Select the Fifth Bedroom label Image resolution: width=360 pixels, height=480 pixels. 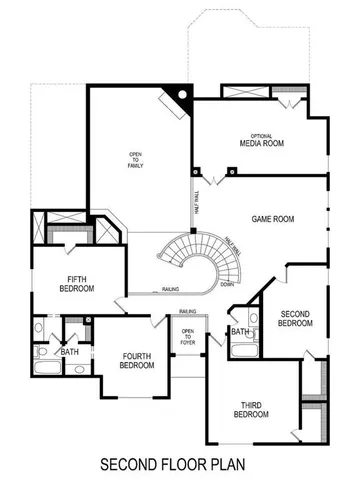pos(74,284)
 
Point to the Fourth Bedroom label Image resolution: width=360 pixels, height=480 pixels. pos(136,360)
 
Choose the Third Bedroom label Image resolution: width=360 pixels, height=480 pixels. pos(251,409)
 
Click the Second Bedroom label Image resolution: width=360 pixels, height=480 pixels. pos(295,319)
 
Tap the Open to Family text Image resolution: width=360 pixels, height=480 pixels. pos(135,159)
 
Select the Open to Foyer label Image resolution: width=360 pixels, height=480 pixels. pos(187,336)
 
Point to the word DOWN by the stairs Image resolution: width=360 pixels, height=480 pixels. pos(227,284)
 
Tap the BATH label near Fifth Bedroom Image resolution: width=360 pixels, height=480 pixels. pos(68,352)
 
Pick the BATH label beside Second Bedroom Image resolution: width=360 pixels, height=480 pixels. pos(240,331)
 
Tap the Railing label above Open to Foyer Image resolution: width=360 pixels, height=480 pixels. pos(187,312)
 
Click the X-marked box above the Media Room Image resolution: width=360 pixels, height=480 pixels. pos(245,93)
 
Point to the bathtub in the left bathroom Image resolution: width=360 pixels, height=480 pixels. pos(46,367)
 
